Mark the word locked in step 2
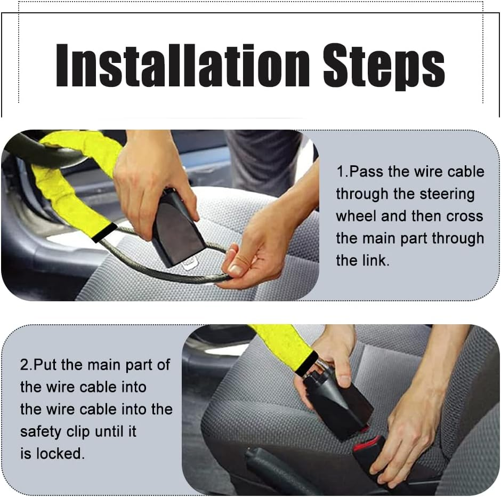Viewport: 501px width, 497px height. pos(60,454)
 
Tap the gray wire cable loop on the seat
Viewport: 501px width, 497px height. pos(160,269)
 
